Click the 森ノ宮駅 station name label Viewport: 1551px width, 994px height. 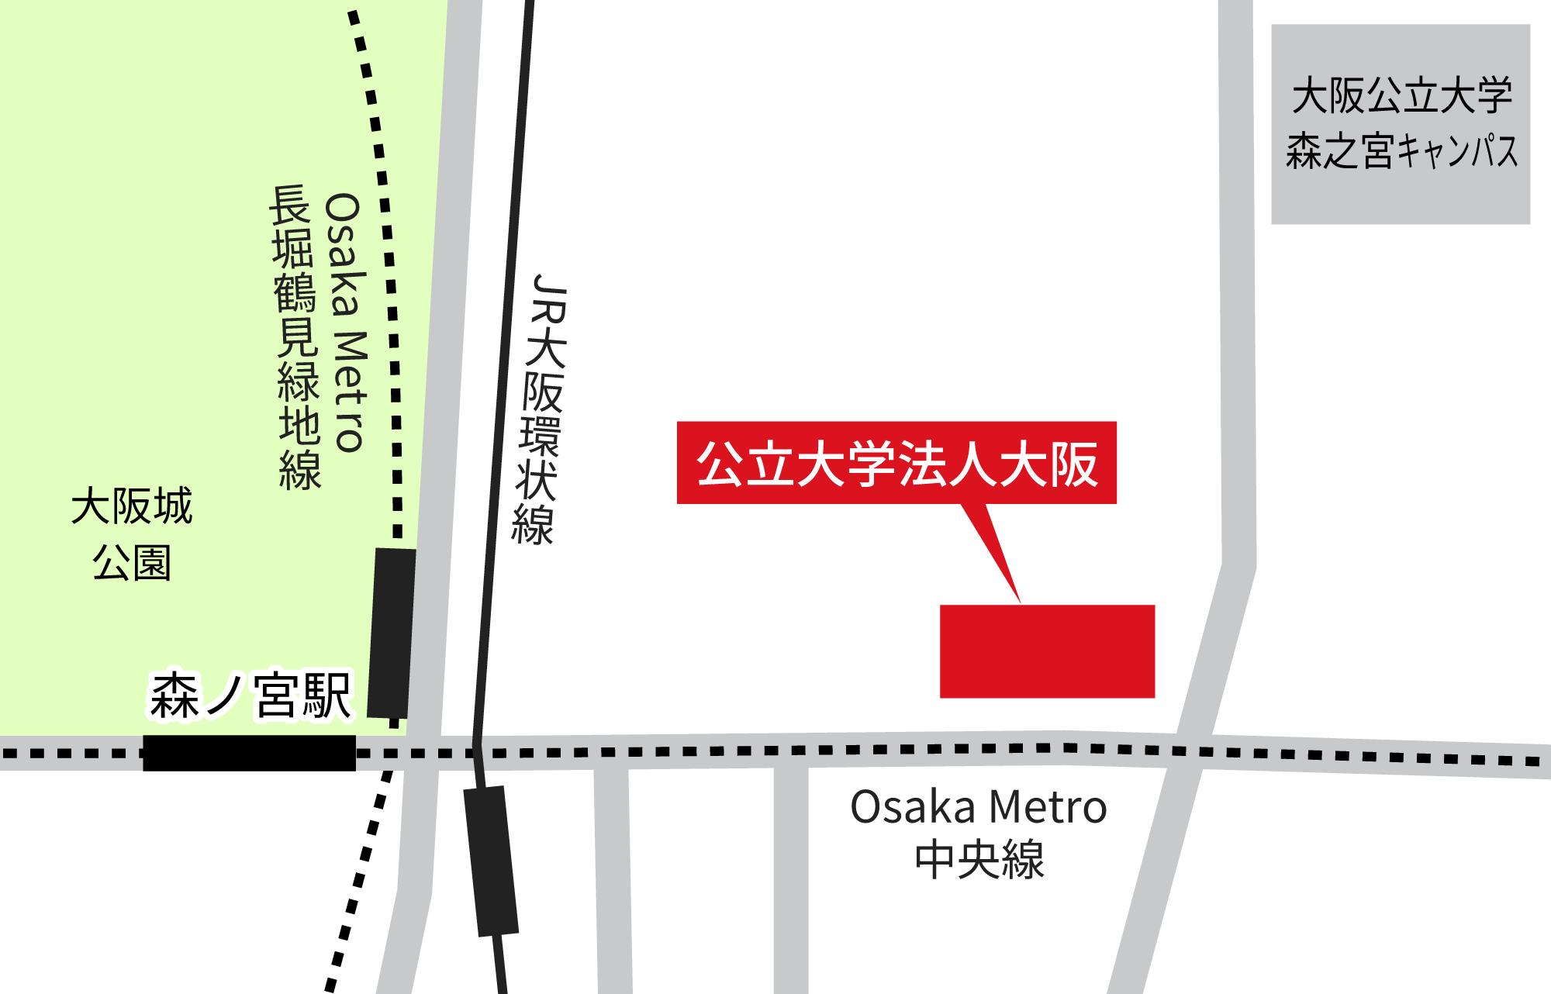(x=250, y=695)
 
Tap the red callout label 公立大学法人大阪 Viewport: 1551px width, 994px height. (x=896, y=463)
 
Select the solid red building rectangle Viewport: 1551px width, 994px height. (x=1047, y=651)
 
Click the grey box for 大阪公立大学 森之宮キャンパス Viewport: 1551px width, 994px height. (x=1400, y=124)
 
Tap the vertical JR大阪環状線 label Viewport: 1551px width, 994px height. (x=541, y=409)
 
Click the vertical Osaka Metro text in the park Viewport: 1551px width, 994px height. (x=346, y=323)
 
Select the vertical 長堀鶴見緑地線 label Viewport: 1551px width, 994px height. (x=296, y=338)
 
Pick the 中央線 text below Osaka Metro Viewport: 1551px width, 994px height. (x=979, y=859)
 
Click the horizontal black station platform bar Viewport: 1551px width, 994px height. (x=249, y=753)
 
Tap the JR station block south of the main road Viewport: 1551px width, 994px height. (x=491, y=861)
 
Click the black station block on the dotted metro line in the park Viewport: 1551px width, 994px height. (x=391, y=633)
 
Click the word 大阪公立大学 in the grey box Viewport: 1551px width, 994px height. (x=1401, y=95)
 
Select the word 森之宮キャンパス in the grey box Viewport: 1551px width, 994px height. (x=1401, y=150)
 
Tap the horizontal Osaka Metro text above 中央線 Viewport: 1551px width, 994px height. (x=979, y=807)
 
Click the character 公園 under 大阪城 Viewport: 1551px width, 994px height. (x=132, y=562)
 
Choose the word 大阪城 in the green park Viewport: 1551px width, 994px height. (x=132, y=506)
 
